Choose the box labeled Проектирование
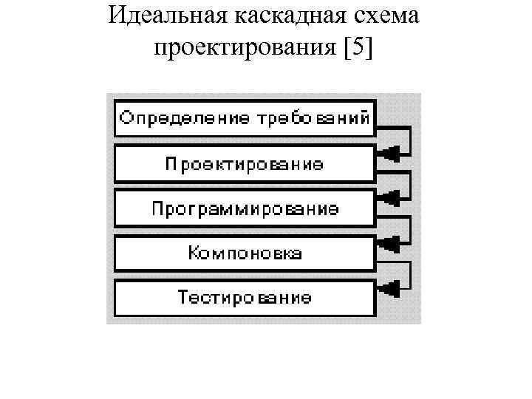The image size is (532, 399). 244,164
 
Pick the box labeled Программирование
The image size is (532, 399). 244,208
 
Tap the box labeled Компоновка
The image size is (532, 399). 244,253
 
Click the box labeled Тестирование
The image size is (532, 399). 244,298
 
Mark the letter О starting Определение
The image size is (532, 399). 126,118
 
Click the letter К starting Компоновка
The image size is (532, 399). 194,253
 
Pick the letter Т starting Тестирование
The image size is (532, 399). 183,298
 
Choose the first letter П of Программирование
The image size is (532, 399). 157,208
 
